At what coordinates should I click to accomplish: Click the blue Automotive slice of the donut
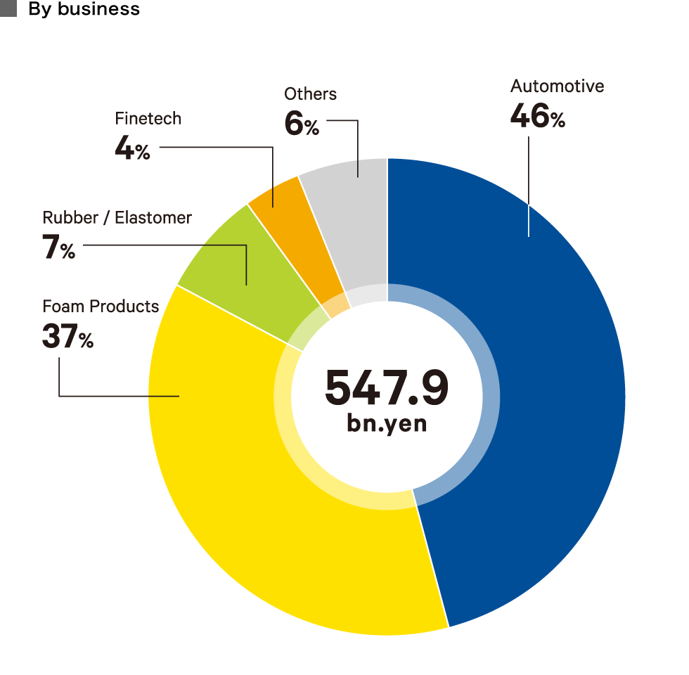coord(548,394)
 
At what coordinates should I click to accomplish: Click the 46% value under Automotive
coord(537,117)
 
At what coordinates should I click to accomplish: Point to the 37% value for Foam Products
coord(67,337)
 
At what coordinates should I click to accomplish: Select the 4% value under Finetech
coord(132,149)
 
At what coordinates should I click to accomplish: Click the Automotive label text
coord(557,86)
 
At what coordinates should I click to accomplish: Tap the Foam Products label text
coord(101,307)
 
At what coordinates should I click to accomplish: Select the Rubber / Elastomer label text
coord(117,218)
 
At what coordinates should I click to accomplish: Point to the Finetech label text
coord(148,119)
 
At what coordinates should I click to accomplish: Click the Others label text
coord(310,94)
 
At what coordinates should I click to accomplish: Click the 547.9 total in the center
coord(387,387)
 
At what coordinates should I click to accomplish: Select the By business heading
coord(84,9)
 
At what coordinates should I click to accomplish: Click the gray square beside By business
coord(8,8)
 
